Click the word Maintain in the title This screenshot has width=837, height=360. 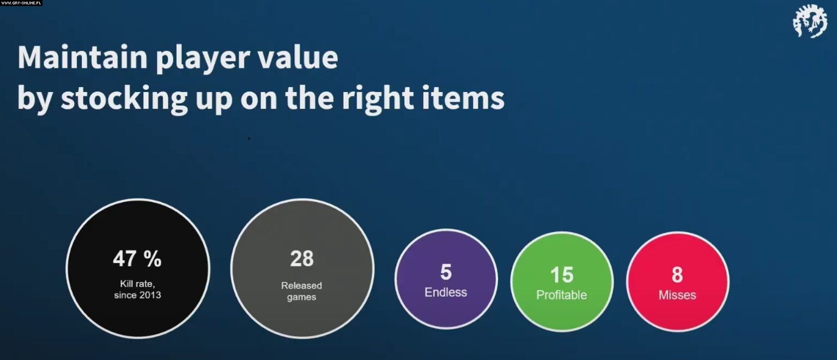pyautogui.click(x=83, y=57)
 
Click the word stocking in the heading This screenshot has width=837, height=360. pyautogui.click(x=124, y=99)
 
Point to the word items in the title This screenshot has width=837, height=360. pyautogui.click(x=463, y=97)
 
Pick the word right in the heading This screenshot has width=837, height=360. pyautogui.click(x=378, y=99)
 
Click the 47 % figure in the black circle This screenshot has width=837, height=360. pyautogui.click(x=137, y=258)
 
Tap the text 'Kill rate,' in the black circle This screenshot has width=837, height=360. pyautogui.click(x=137, y=284)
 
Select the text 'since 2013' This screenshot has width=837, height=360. pyautogui.click(x=137, y=295)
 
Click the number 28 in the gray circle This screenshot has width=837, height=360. pyautogui.click(x=302, y=258)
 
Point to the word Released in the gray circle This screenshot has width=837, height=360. pyautogui.click(x=301, y=286)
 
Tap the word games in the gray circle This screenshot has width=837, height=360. pyautogui.click(x=301, y=297)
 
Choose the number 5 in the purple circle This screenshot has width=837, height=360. pyautogui.click(x=446, y=272)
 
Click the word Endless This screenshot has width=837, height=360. pyautogui.click(x=446, y=292)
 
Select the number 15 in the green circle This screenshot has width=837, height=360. pyautogui.click(x=562, y=275)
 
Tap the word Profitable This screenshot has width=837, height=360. pyautogui.click(x=562, y=295)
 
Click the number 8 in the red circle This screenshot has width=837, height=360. pyautogui.click(x=677, y=275)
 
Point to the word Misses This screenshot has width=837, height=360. pyautogui.click(x=677, y=295)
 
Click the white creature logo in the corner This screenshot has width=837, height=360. pyautogui.click(x=810, y=21)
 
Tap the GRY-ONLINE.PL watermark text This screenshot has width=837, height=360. pyautogui.click(x=21, y=3)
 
